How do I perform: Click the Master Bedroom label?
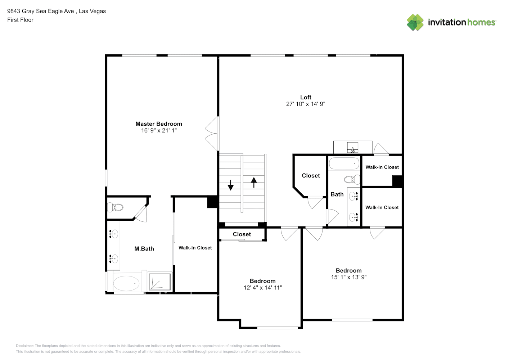tap(159, 124)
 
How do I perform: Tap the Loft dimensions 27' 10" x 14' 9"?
tap(306, 104)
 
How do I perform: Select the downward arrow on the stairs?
tap(231, 185)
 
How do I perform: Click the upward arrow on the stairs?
tap(254, 183)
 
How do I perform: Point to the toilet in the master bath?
tap(115, 207)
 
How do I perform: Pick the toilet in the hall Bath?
tap(352, 180)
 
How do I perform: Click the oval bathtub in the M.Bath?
tap(126, 283)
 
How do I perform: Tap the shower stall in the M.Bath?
tap(160, 282)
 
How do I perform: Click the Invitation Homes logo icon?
tap(415, 22)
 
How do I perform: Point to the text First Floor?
tap(20, 20)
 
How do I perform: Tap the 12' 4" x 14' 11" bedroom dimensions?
tap(263, 288)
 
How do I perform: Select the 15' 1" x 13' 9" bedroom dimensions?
tap(349, 277)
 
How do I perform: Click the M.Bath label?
tap(144, 249)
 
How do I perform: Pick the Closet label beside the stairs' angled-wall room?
tap(311, 176)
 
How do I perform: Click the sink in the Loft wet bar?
tap(353, 148)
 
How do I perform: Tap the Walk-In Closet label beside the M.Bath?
tap(195, 248)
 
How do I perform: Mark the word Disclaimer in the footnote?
tap(24, 346)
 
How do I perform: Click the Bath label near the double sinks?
tap(337, 194)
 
